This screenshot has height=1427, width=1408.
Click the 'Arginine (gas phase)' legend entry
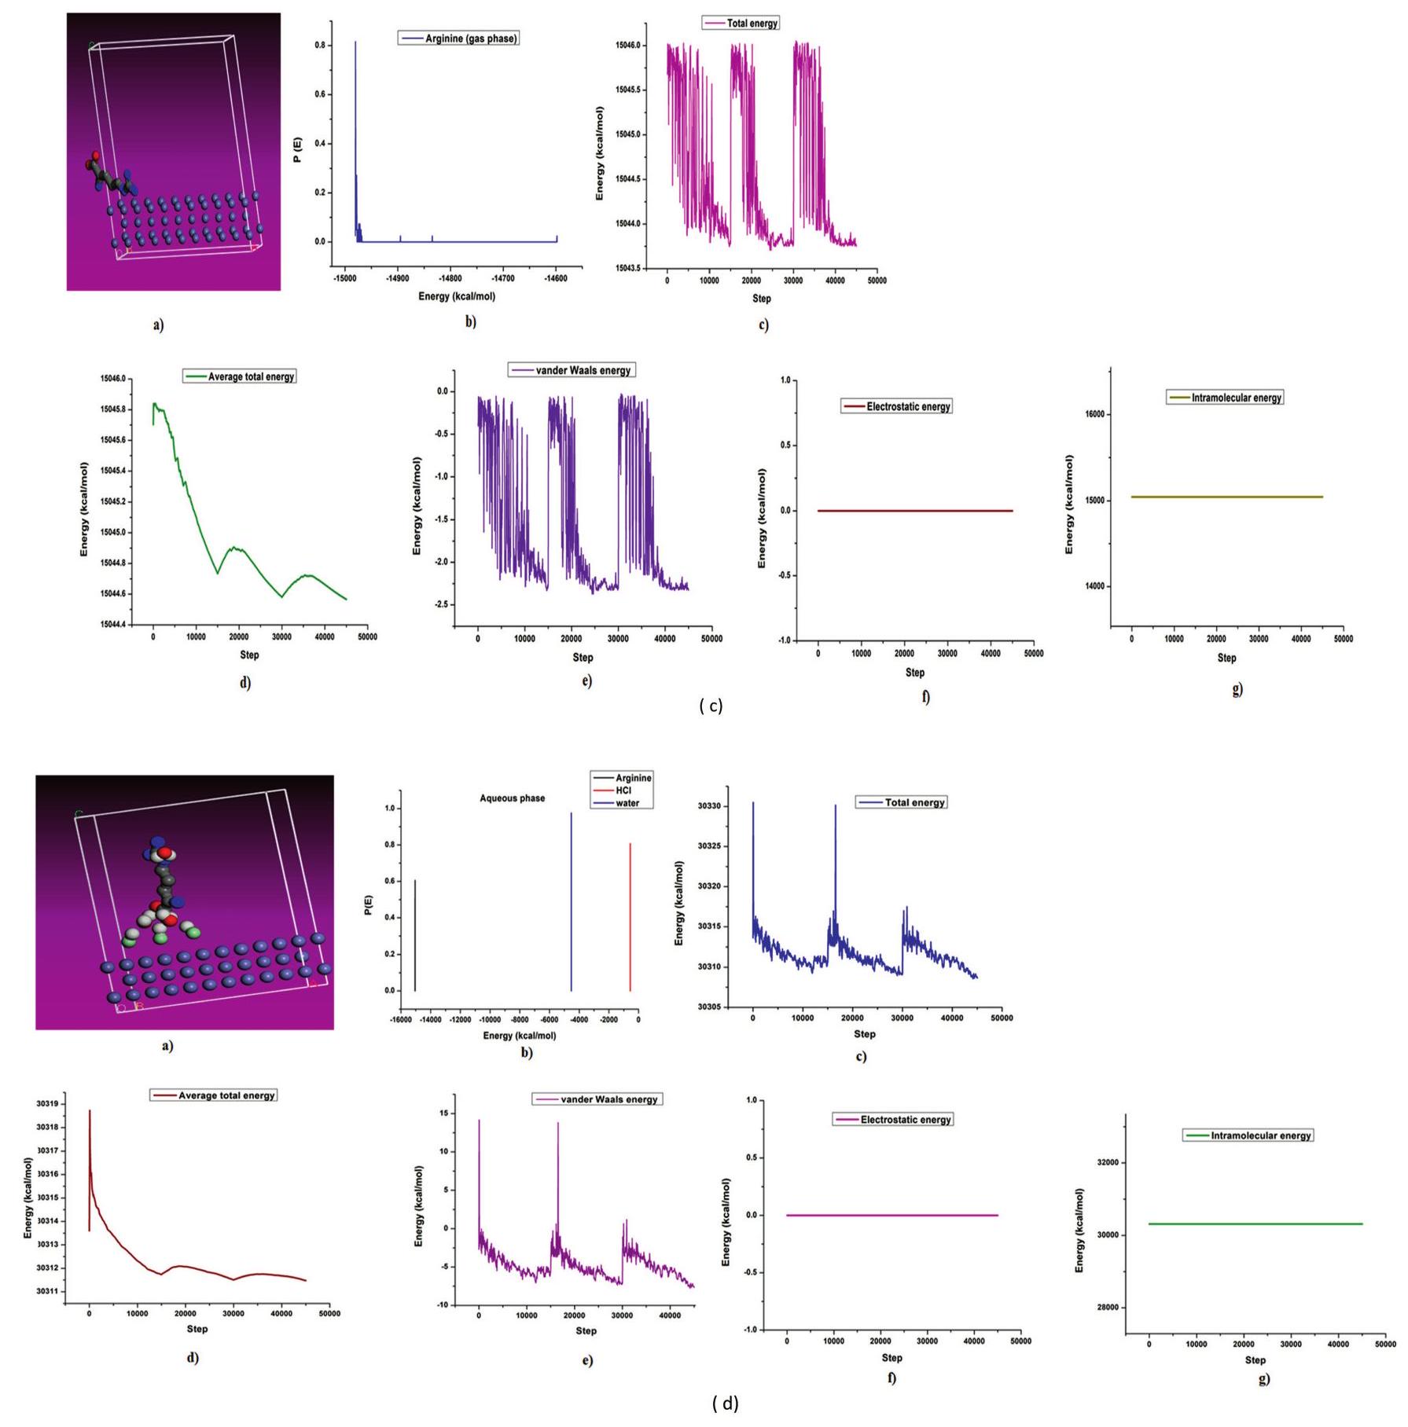458,38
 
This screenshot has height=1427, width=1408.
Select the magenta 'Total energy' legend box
741,23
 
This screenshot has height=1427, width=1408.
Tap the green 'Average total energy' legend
240,376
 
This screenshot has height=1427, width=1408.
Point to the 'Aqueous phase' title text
512,798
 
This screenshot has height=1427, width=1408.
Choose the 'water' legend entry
626,803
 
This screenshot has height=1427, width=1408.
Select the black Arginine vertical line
415,935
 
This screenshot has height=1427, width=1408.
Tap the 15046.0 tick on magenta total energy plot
627,46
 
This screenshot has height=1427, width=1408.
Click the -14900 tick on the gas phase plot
398,278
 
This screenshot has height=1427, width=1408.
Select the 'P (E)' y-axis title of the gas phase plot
297,149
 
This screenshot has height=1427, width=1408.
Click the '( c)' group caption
710,706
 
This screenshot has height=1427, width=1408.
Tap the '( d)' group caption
725,1403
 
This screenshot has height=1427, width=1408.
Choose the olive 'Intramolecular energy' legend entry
1225,398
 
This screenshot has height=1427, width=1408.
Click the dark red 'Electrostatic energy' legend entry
897,406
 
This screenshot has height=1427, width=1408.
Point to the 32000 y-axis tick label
1108,1162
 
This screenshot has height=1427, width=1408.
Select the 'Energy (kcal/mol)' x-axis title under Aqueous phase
519,1036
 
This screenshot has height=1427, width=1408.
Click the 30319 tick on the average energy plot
47,1104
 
